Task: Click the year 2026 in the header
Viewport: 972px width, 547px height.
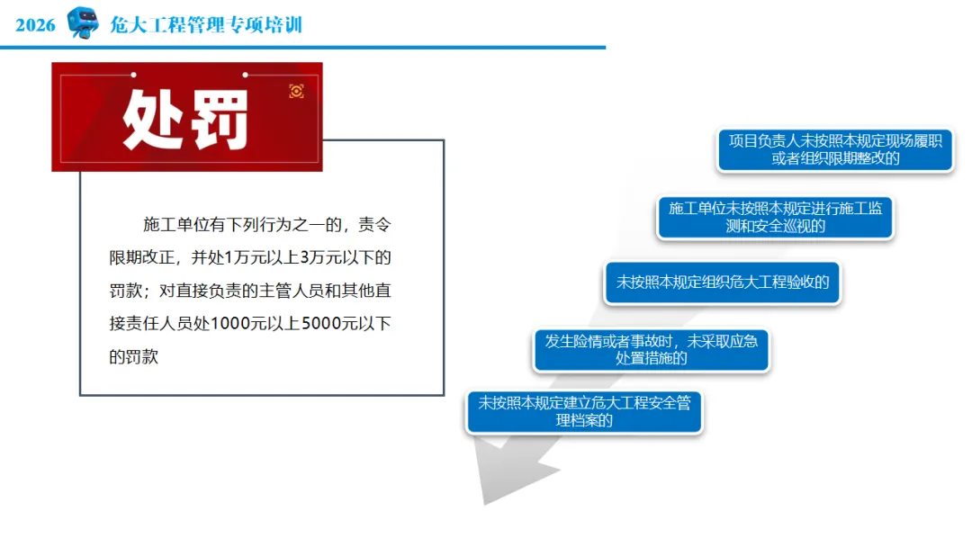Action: pyautogui.click(x=35, y=25)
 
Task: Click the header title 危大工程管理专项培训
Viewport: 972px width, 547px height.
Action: pyautogui.click(x=206, y=25)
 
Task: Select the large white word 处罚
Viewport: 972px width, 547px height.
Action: pyautogui.click(x=185, y=119)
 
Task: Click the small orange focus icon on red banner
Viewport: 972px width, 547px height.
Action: pyautogui.click(x=296, y=91)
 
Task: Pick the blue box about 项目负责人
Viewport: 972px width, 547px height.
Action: pyautogui.click(x=835, y=149)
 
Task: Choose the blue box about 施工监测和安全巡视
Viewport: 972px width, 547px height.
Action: pyautogui.click(x=775, y=217)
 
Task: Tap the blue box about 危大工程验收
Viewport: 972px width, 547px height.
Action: pyautogui.click(x=722, y=282)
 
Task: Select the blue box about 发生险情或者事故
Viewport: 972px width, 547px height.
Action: pyautogui.click(x=651, y=350)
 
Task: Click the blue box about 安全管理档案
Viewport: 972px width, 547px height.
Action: pyautogui.click(x=584, y=411)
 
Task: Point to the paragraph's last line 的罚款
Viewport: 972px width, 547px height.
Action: pyautogui.click(x=133, y=357)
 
